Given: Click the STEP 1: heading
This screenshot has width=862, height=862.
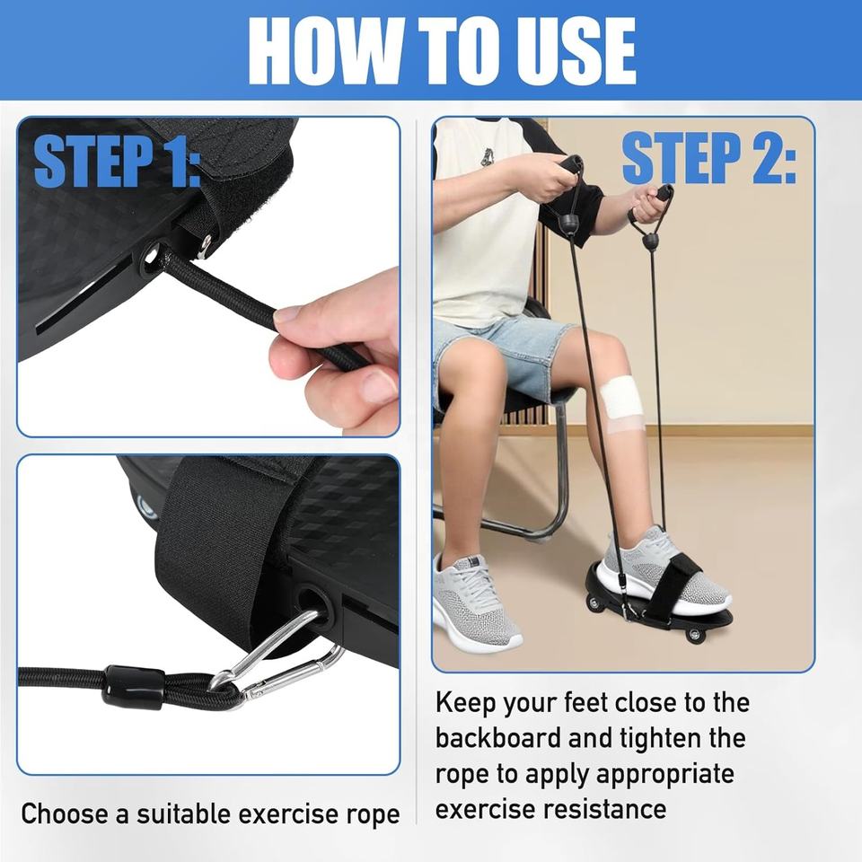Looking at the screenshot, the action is (x=116, y=160).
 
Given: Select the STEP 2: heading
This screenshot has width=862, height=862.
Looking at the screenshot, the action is (x=708, y=159).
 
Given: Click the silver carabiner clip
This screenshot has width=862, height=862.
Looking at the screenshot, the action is (x=275, y=655).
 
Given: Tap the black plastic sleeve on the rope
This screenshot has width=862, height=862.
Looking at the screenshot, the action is (x=133, y=686).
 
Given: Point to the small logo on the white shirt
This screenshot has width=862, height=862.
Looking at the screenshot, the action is (x=487, y=157).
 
